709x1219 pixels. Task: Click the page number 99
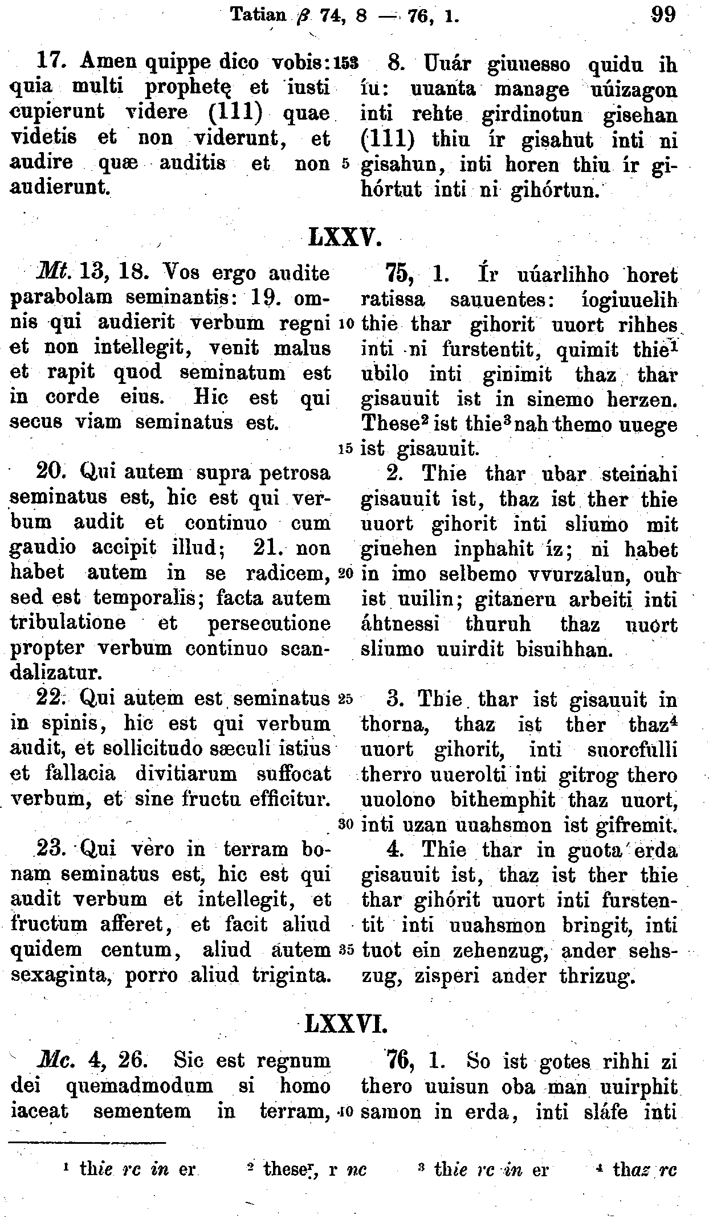coord(662,14)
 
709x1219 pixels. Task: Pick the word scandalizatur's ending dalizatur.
coord(56,673)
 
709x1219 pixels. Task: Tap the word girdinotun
coord(532,115)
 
